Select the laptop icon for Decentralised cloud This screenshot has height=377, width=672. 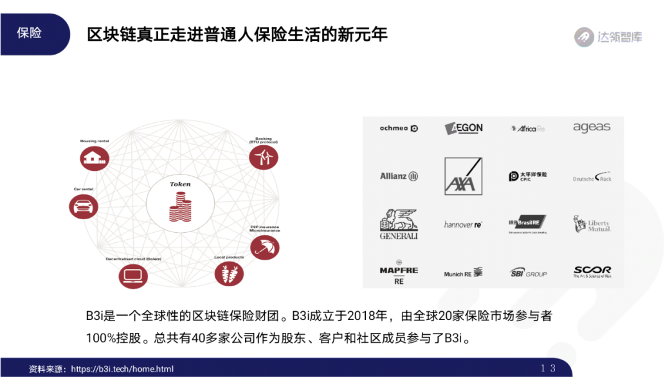coord(133,275)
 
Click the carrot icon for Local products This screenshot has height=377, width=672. coord(229,273)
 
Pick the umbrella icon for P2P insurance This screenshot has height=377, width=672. coord(264,247)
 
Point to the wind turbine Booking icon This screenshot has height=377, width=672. coord(263,156)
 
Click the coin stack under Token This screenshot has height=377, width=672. coord(180,208)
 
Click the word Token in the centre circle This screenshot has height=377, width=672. coord(180,184)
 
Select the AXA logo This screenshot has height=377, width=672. coord(464,176)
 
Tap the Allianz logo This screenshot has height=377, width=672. coord(399,176)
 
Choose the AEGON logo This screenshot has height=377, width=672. coord(464,128)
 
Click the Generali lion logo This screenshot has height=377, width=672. coord(399,224)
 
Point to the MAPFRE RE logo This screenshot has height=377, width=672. coord(399,272)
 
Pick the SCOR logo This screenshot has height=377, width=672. coord(592,272)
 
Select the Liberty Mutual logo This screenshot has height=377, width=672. coord(592,224)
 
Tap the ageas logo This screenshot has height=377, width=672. coord(592,128)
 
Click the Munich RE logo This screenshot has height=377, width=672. coord(464,273)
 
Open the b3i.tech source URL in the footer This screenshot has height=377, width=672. coord(123,369)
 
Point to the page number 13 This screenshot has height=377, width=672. coord(548,368)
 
